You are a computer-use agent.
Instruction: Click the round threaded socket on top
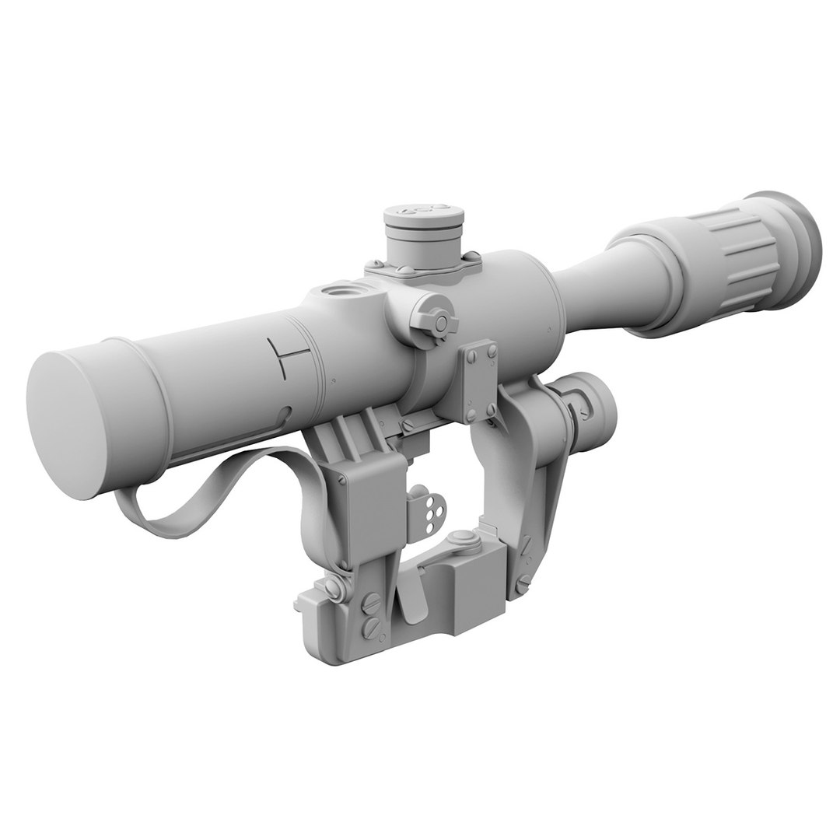click(x=339, y=293)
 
